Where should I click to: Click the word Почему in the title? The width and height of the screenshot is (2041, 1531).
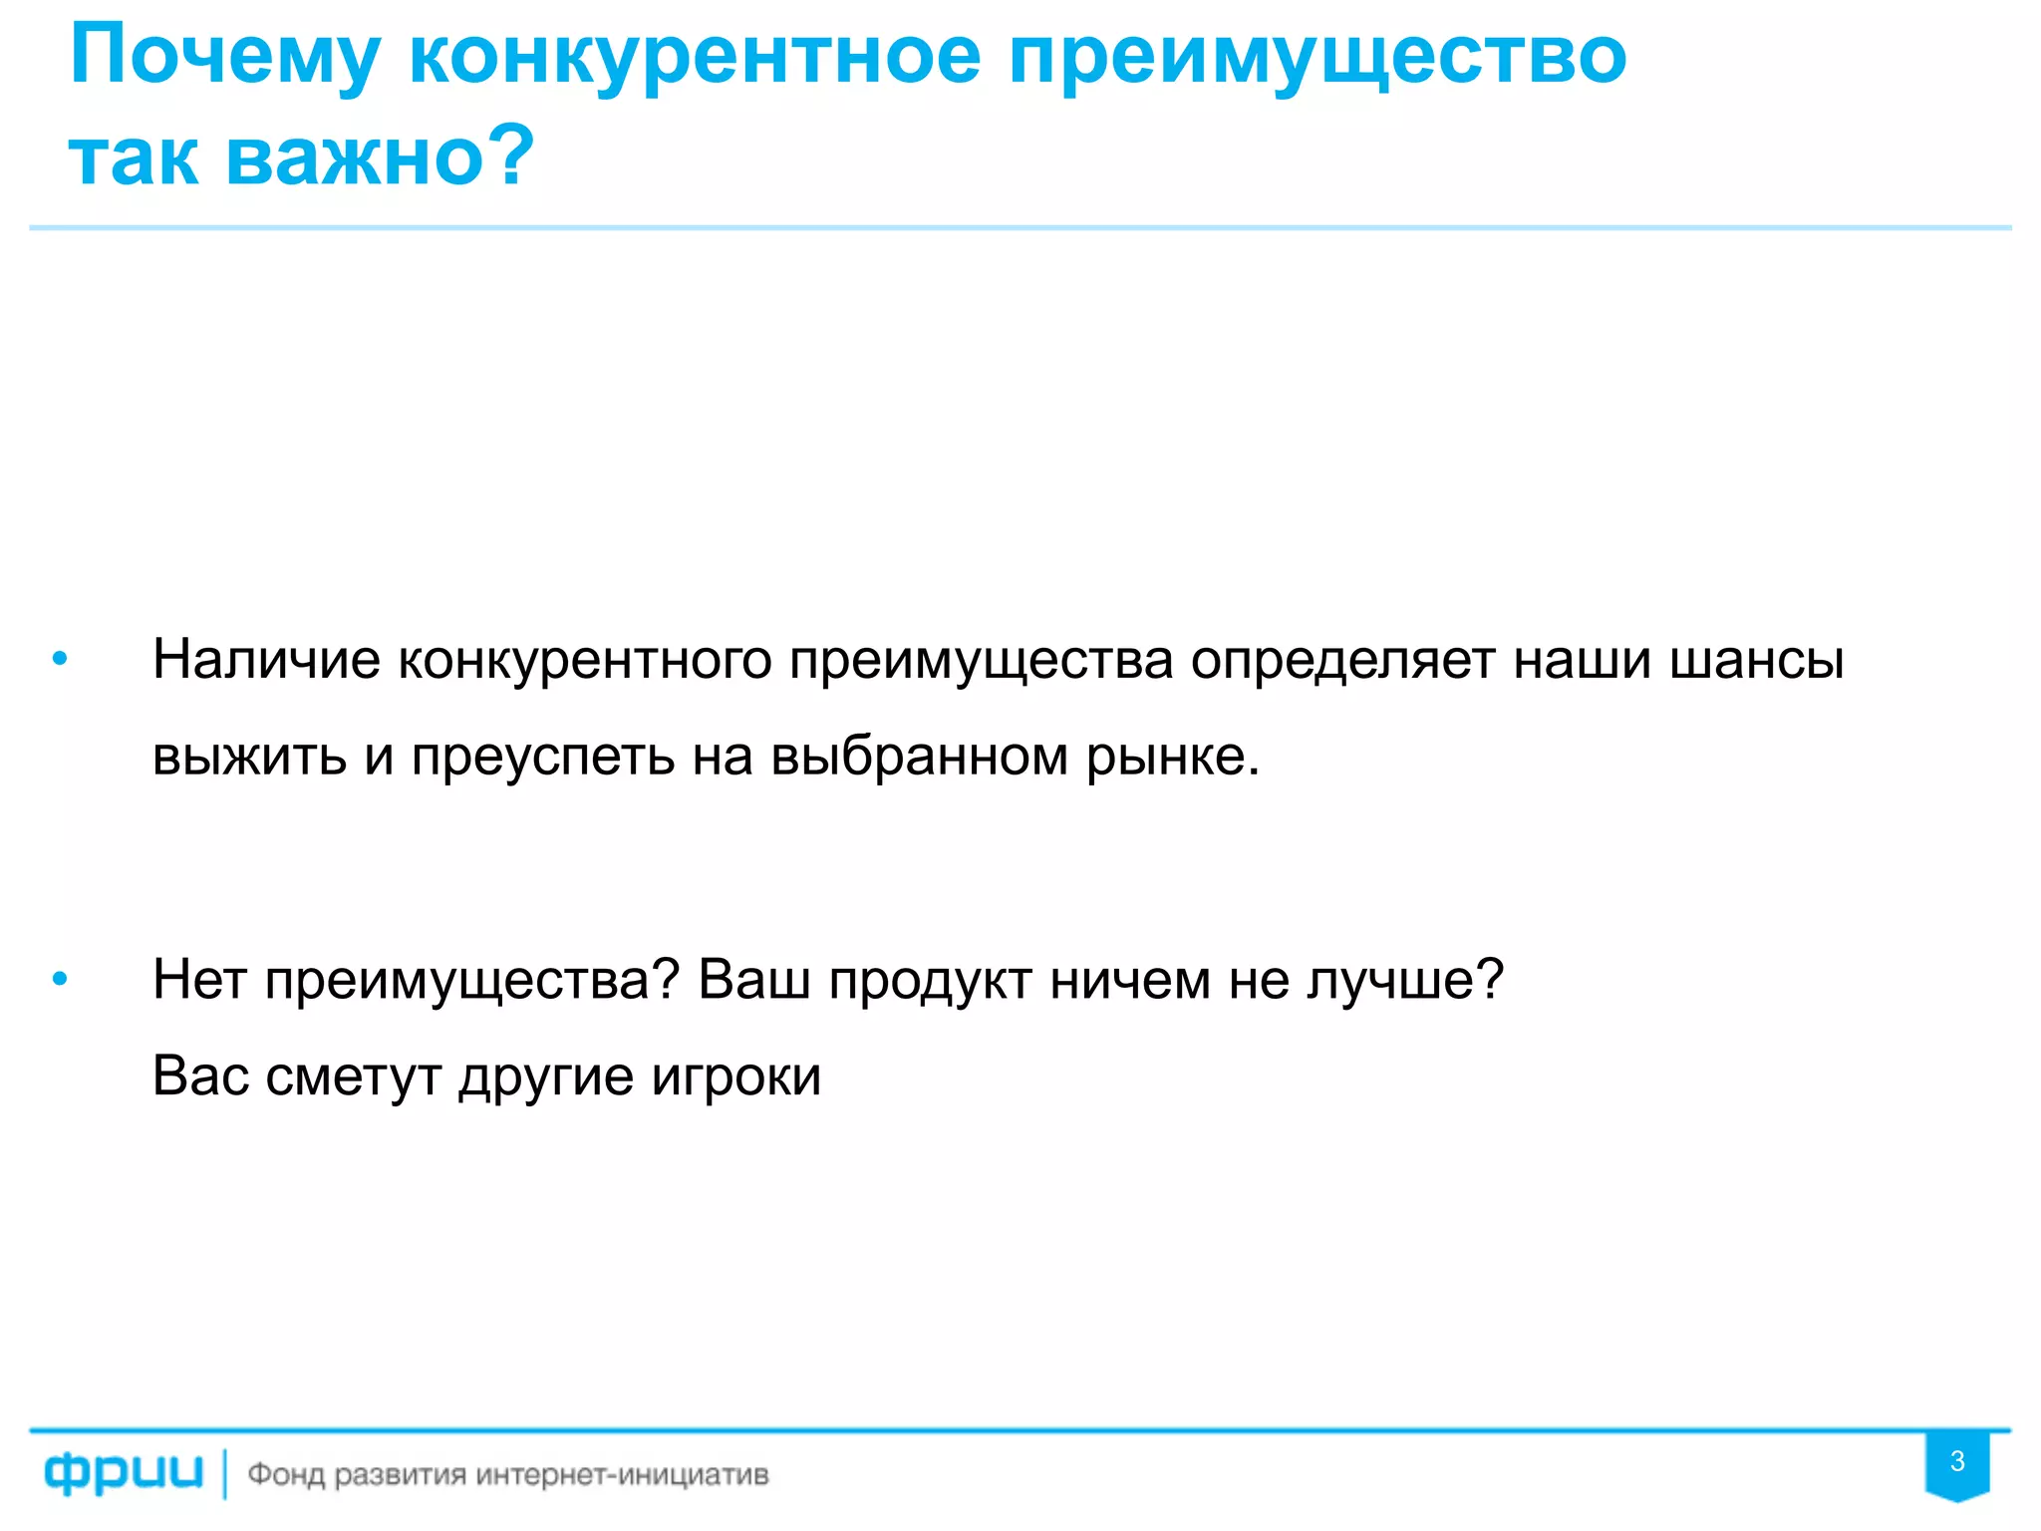(x=225, y=58)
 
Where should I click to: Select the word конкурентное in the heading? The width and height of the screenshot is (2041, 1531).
(x=695, y=58)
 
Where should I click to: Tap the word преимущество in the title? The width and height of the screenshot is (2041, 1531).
(x=1317, y=58)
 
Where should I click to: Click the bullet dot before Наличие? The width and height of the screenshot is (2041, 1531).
(x=60, y=659)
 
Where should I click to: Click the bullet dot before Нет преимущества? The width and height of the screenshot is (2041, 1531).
(x=60, y=980)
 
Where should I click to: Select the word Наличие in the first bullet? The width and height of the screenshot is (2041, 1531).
(x=266, y=660)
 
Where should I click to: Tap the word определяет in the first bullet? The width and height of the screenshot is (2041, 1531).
(x=1342, y=660)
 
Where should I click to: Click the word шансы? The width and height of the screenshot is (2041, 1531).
(x=1756, y=660)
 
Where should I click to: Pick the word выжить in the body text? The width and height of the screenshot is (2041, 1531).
(x=249, y=756)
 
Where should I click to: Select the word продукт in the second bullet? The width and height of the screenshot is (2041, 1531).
(x=930, y=980)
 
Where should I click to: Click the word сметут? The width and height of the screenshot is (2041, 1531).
(x=354, y=1076)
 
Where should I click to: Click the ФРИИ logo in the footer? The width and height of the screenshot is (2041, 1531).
(x=124, y=1473)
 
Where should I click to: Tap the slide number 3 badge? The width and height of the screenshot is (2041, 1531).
(x=1957, y=1462)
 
